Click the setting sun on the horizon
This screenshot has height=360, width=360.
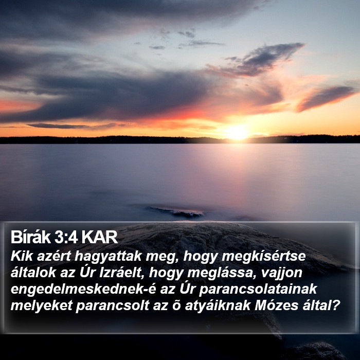tap(237, 133)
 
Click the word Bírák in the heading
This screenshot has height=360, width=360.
tap(30, 237)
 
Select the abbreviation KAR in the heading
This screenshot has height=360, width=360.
tap(99, 237)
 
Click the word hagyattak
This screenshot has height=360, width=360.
tap(108, 257)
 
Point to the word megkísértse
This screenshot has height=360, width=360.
tap(263, 257)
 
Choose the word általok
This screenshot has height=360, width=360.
tap(33, 273)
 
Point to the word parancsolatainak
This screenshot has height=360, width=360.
tap(258, 290)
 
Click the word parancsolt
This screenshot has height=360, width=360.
tap(113, 306)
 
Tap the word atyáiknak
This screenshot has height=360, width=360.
tap(218, 306)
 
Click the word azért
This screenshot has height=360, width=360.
tap(53, 256)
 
